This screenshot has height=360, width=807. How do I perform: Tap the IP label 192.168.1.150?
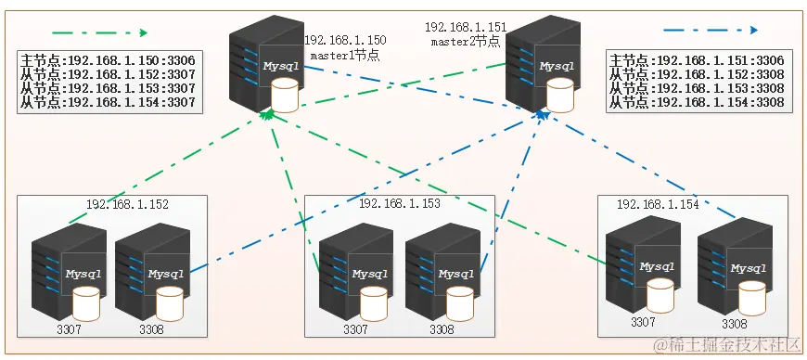click(345, 40)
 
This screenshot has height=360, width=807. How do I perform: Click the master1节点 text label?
click(344, 55)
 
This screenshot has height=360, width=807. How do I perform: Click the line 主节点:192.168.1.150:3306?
click(108, 60)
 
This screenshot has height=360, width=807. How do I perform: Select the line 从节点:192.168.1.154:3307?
click(108, 103)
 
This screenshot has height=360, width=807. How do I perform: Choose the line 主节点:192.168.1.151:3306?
click(697, 60)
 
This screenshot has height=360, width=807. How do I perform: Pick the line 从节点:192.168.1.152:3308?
click(697, 75)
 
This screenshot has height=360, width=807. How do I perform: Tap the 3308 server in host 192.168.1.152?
click(152, 270)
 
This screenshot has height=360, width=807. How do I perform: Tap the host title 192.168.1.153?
click(401, 201)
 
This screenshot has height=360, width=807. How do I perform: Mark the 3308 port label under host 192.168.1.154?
click(734, 324)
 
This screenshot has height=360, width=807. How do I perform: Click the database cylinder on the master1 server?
click(286, 94)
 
